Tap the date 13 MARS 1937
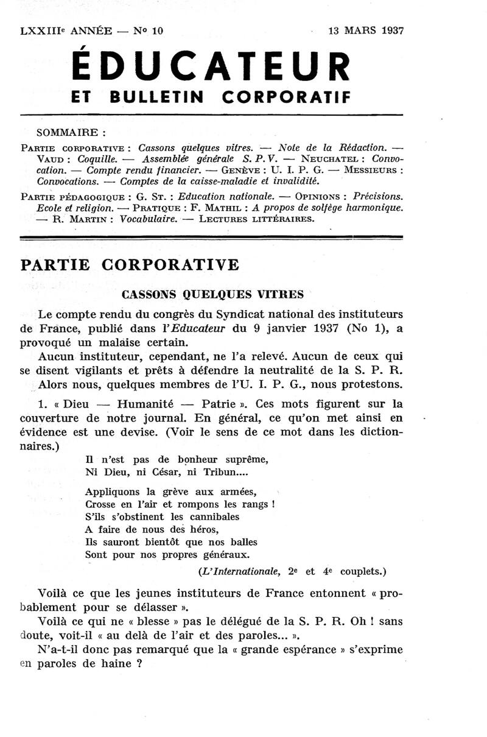point(366,30)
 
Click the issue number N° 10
point(149,30)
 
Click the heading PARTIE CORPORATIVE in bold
point(130,266)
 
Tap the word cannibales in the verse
point(212,517)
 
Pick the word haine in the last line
point(114,665)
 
